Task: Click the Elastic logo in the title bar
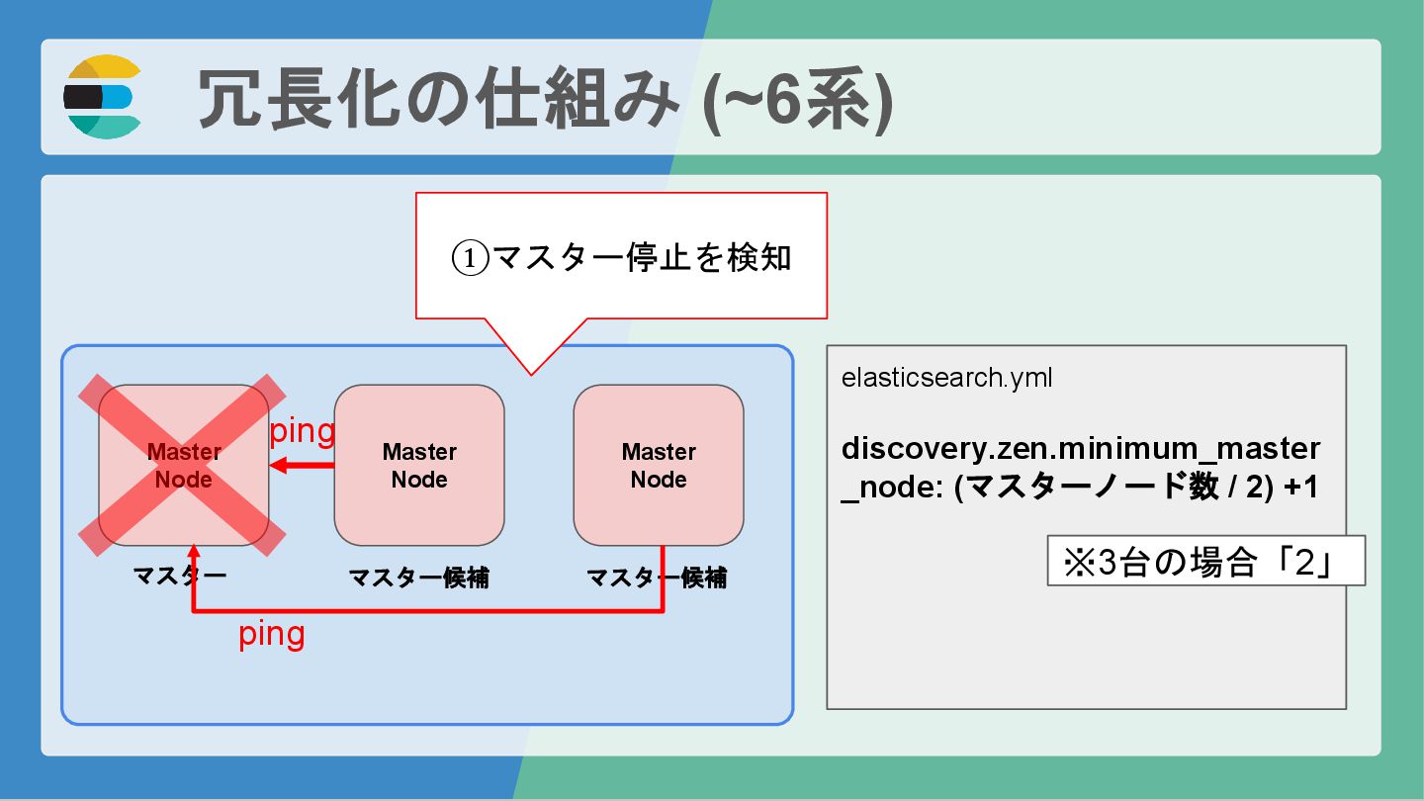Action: point(103,97)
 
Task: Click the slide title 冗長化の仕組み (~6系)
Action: point(545,98)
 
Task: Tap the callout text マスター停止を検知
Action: point(642,257)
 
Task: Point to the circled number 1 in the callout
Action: point(471,258)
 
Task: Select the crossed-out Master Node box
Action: point(184,465)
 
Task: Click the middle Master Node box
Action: point(419,465)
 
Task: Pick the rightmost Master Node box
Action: point(659,465)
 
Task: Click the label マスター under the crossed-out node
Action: point(180,577)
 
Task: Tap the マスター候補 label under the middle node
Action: point(419,578)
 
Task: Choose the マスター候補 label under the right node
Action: point(658,578)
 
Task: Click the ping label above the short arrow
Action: point(303,431)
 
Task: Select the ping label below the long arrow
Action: point(272,634)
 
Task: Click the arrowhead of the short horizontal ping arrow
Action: point(278,465)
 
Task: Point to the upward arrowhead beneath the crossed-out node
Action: point(194,550)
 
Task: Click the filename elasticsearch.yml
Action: point(946,379)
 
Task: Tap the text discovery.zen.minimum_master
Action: point(1080,449)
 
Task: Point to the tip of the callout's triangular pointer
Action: point(531,374)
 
